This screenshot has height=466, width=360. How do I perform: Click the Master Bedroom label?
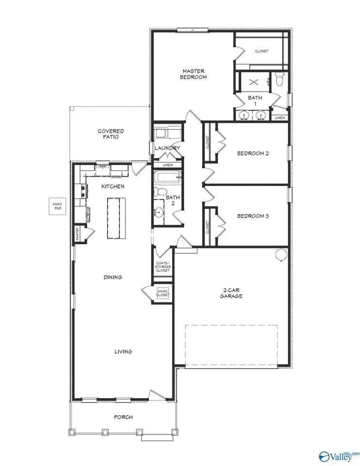[194, 74]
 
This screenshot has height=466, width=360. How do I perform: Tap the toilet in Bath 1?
[279, 79]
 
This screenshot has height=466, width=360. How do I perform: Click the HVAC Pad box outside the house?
[58, 208]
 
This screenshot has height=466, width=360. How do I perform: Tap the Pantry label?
[78, 233]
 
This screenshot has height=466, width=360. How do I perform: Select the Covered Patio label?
[111, 134]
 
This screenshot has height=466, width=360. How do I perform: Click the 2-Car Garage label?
[229, 293]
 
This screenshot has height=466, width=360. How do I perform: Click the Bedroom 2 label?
[253, 153]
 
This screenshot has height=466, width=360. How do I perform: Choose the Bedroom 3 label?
[253, 216]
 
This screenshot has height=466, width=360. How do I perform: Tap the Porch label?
[123, 417]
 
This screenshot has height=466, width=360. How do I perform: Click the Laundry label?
[167, 148]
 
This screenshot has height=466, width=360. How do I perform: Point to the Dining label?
[113, 277]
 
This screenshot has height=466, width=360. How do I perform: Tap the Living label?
[123, 351]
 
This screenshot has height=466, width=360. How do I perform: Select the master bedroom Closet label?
[262, 51]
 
